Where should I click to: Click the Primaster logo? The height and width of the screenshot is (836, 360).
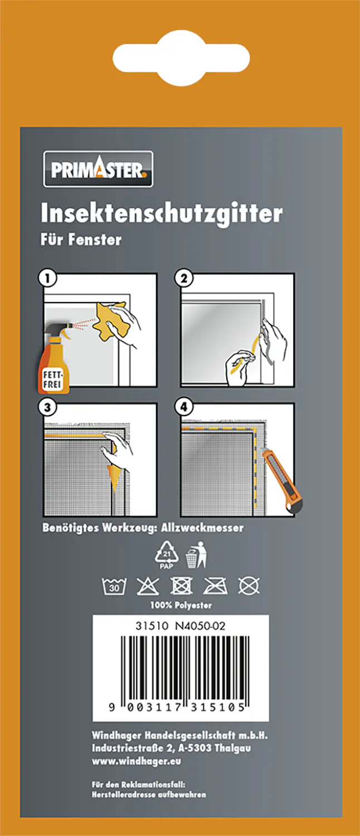[98, 168]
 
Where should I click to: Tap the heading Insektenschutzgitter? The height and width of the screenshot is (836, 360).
[162, 213]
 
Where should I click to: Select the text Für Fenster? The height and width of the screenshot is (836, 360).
[81, 240]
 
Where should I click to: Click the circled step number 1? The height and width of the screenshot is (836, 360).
[48, 277]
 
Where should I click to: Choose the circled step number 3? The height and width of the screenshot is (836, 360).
[48, 407]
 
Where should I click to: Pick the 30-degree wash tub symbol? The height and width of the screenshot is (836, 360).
[114, 586]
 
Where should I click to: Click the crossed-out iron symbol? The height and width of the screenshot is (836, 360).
[215, 586]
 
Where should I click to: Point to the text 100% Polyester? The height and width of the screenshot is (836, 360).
[181, 605]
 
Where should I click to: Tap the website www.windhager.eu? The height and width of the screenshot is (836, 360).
[137, 761]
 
